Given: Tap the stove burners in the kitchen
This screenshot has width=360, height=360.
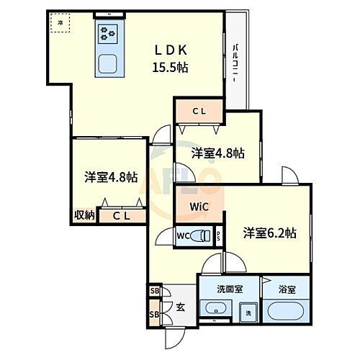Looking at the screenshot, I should tap(109, 33).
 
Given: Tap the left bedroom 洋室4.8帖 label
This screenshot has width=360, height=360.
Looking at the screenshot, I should tap(110, 178).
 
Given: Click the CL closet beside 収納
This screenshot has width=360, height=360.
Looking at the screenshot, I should tap(120, 215).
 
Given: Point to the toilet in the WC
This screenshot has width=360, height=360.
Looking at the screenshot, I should tap(203, 234).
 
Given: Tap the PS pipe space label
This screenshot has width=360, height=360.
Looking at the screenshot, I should tap(219, 234).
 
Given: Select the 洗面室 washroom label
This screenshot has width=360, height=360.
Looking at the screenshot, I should tap(228, 289).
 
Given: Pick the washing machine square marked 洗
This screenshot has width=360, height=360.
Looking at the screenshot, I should tap(247, 312).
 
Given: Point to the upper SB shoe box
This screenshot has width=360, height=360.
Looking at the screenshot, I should tap(154, 291).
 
